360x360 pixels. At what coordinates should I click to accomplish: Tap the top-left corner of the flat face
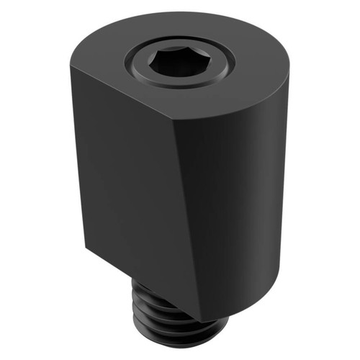(x=70, y=68)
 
